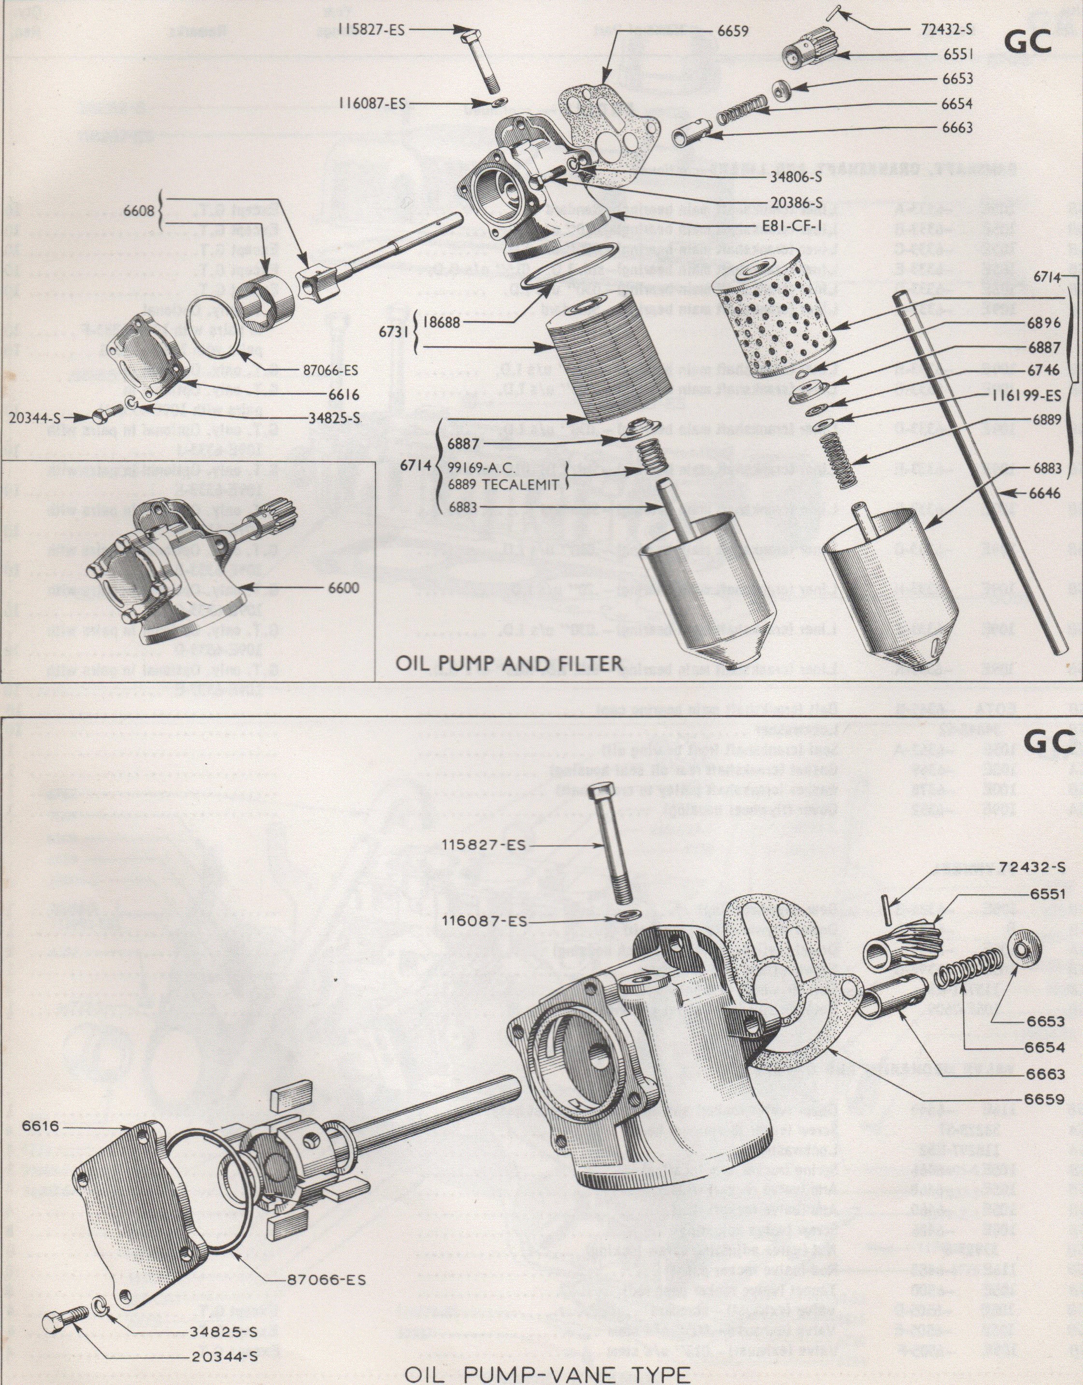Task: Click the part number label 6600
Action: tap(343, 588)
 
